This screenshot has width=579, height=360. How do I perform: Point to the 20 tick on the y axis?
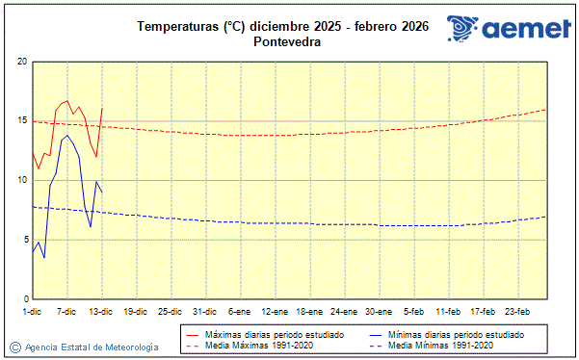pos(22,62)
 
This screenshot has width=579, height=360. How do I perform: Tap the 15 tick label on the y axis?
pos(22,121)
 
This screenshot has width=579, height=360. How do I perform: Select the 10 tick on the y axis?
pos(22,180)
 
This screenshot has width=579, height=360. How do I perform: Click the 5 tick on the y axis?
pos(24,240)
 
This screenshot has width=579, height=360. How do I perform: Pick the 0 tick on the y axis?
pos(24,299)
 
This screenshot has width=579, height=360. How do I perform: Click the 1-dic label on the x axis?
pos(32,312)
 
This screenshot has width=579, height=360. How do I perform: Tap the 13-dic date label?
pos(101,312)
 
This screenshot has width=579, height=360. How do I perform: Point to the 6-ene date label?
pos(240,312)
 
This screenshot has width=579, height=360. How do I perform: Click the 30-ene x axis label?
pos(379,312)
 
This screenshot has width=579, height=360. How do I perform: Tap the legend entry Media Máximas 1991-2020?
pos(253,345)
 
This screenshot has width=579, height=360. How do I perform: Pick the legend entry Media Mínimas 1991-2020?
pos(440,345)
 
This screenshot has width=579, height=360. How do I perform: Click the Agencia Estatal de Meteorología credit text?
pos(92,347)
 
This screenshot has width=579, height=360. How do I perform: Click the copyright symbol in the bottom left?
pos(14,347)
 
